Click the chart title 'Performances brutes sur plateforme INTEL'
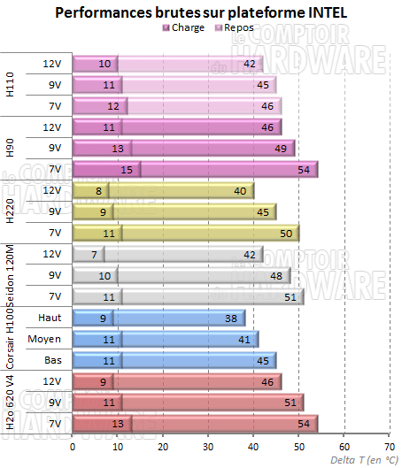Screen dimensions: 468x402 [202, 12]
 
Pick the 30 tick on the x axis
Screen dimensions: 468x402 [208, 448]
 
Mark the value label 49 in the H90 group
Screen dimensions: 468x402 [281, 148]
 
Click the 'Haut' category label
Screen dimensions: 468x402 [50, 318]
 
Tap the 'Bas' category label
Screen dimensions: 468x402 [53, 360]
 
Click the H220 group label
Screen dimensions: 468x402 [11, 211]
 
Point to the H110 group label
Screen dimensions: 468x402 [11, 84]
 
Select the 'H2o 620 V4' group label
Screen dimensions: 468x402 [11, 403]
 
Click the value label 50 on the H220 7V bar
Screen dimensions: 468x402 [285, 233]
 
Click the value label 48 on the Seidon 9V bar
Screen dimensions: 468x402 [276, 275]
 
